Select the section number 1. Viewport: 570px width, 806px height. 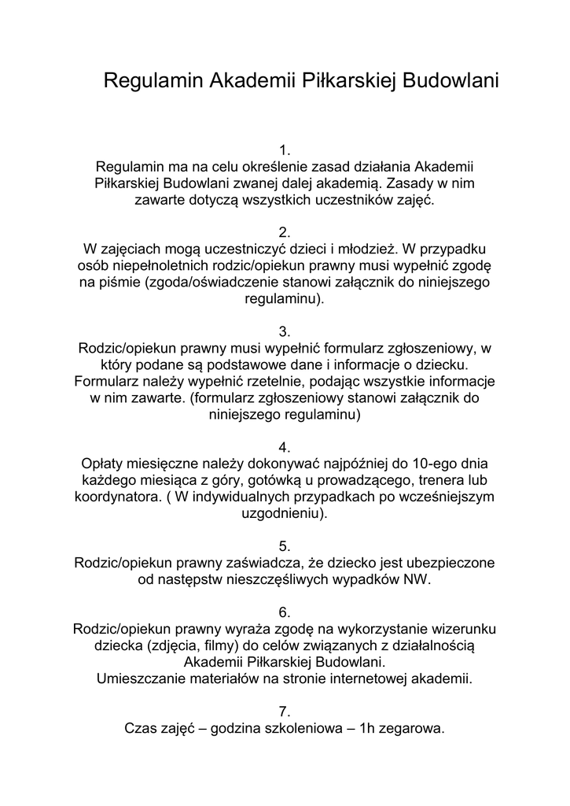click(x=285, y=150)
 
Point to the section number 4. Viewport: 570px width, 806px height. click(x=285, y=447)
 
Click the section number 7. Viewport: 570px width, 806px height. click(x=285, y=711)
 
